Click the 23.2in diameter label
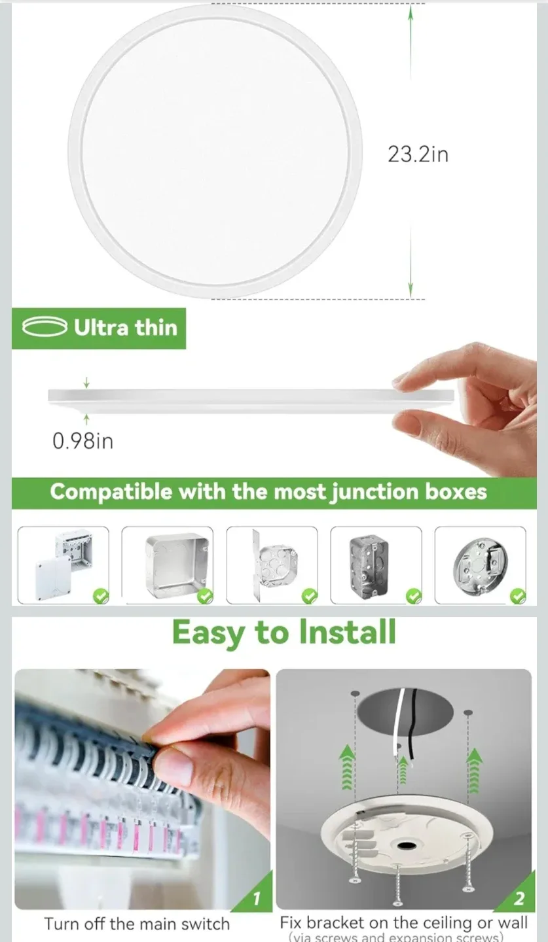tap(418, 154)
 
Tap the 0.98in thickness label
tap(82, 441)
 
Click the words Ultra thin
tap(125, 327)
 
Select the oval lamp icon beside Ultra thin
tap(45, 327)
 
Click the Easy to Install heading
tap(284, 633)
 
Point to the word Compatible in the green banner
tap(111, 492)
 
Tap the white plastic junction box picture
tap(63, 565)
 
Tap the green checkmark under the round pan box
tap(518, 595)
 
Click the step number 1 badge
tap(257, 898)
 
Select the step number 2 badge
tap(519, 898)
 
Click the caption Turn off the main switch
tap(137, 924)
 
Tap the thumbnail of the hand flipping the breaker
tap(142, 788)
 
